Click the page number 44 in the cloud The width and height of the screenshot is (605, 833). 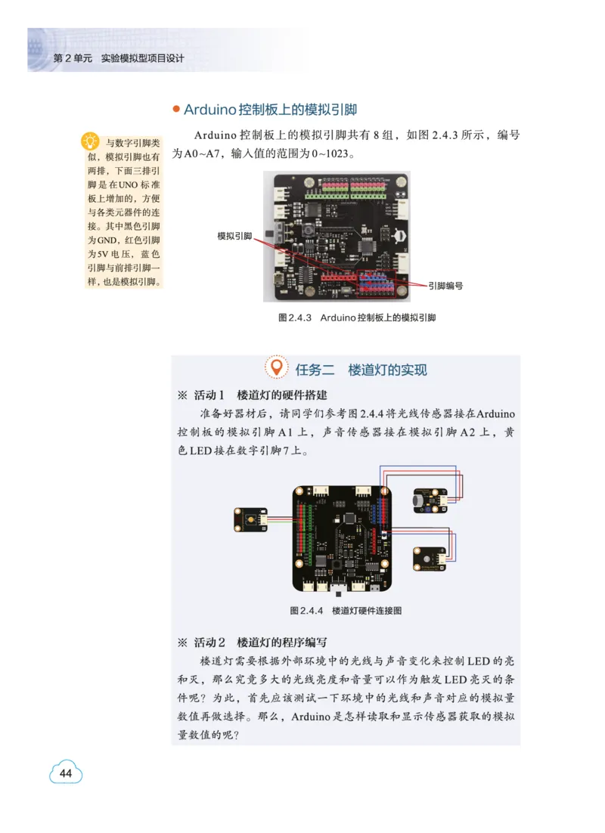pos(66,773)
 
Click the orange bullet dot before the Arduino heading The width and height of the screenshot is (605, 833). pos(176,110)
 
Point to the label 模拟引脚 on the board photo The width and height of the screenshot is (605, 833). pos(234,236)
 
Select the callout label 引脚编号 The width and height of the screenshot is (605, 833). pos(445,286)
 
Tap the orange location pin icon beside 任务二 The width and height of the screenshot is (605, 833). pos(278,368)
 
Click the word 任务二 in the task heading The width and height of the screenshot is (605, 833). pos(315,370)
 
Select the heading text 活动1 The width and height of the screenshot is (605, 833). pos(209,395)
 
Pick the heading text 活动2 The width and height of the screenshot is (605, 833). pos(209,643)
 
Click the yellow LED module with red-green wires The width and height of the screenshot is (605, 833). pos(250,519)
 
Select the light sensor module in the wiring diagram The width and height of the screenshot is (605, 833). pos(429,559)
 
